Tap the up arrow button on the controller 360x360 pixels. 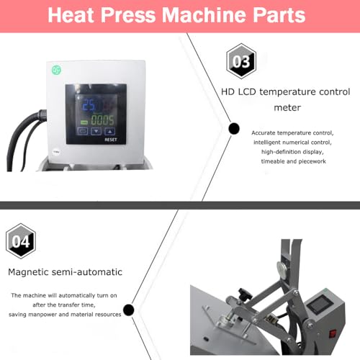click(x=109, y=132)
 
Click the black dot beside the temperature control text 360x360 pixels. click(x=233, y=129)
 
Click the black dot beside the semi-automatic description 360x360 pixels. click(x=129, y=310)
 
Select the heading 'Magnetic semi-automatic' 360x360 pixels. click(x=65, y=272)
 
